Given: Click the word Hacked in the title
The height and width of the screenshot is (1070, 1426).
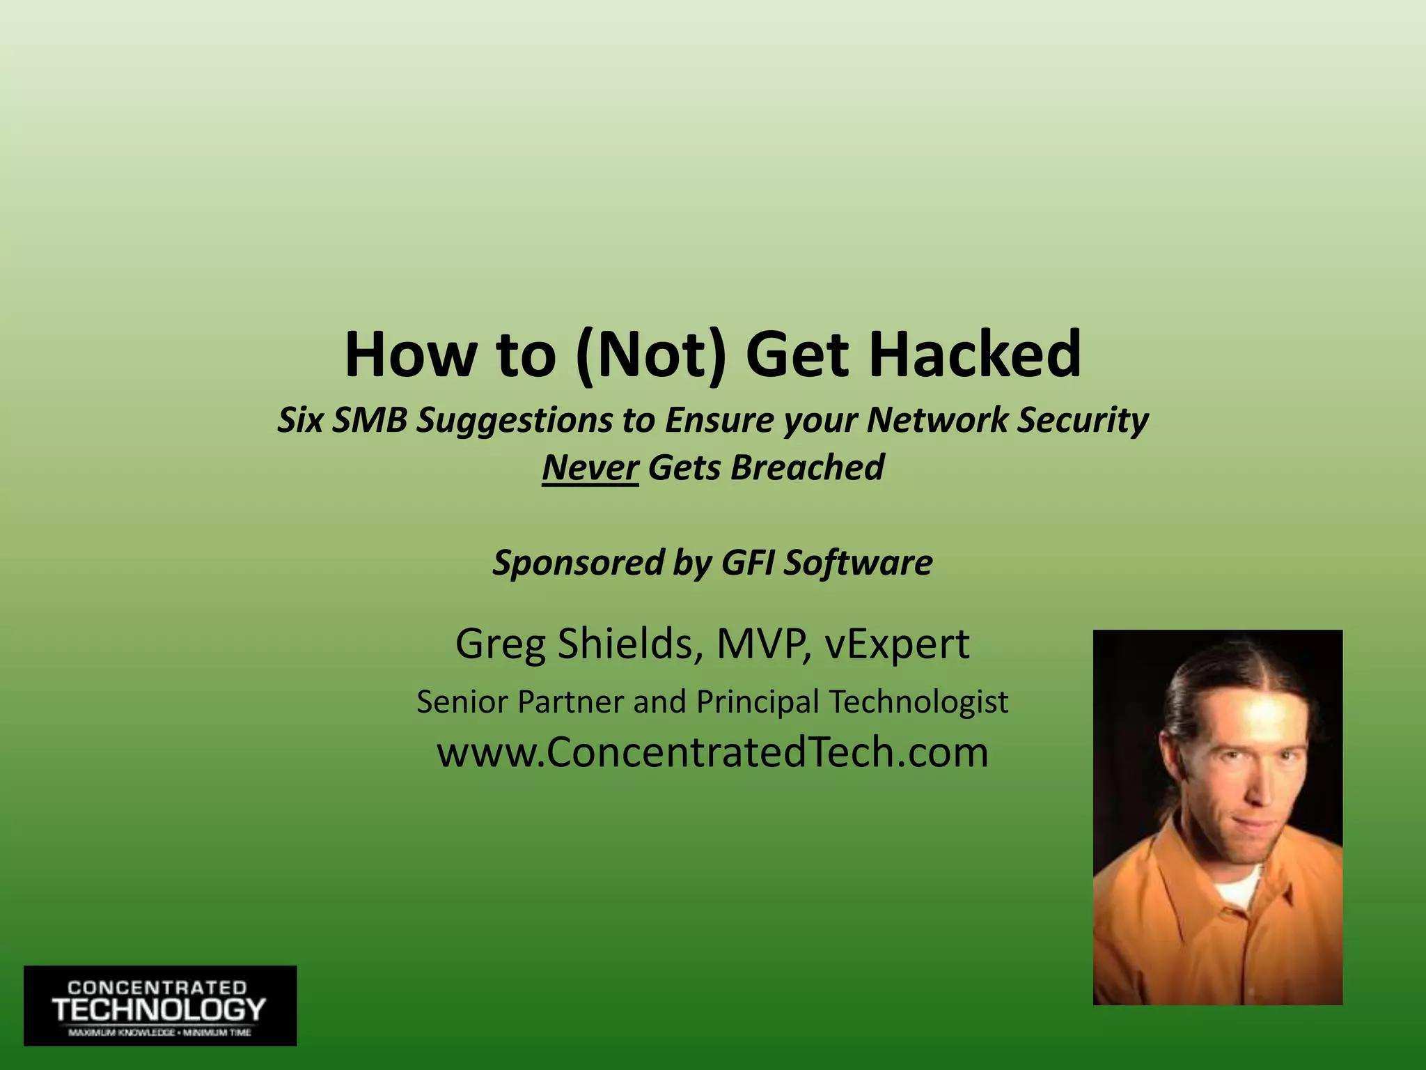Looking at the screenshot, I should (975, 355).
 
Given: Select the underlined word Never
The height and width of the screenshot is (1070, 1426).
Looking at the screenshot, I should (590, 467).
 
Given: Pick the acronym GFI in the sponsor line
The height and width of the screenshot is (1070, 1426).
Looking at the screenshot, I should (748, 562).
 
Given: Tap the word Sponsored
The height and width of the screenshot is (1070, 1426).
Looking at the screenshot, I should (578, 562).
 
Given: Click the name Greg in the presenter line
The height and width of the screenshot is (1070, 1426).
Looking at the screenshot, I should (500, 644).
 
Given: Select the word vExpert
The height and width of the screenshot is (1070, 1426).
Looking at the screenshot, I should (897, 644).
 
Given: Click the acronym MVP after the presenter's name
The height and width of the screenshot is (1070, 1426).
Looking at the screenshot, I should (763, 644).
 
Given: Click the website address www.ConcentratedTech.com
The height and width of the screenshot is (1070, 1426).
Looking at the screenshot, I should (712, 753).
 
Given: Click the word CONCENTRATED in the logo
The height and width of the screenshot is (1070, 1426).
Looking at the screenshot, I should (157, 988).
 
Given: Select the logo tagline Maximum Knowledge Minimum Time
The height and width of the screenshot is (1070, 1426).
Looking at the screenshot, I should (159, 1032).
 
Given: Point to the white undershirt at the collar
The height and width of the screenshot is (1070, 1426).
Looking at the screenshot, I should (1239, 888).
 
